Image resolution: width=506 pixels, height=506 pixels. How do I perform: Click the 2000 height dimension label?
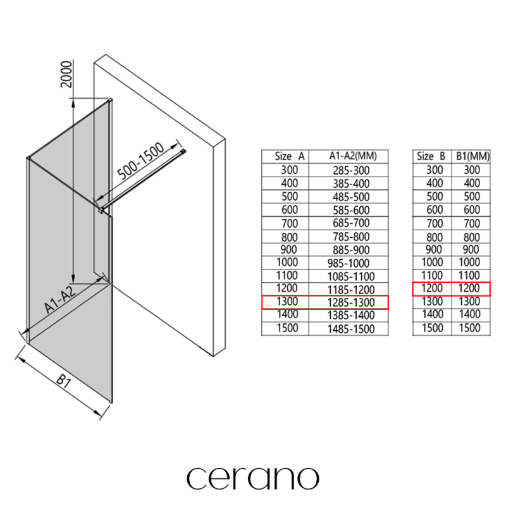tap(66, 74)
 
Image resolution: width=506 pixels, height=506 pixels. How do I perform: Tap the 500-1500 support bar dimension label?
tap(140, 161)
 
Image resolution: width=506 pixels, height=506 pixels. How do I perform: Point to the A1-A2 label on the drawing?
tap(60, 299)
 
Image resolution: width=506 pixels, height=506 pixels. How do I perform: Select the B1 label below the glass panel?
tap(63, 381)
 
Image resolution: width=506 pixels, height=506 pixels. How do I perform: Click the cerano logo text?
tap(253, 478)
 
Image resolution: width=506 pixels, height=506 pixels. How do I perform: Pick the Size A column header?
tap(290, 156)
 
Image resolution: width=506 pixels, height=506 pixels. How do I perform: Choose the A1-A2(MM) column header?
tap(353, 156)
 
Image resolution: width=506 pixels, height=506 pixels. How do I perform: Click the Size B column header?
tap(431, 156)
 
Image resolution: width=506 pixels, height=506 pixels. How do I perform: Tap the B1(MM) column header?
tap(472, 156)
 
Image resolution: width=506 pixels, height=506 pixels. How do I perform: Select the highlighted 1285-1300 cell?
tap(351, 302)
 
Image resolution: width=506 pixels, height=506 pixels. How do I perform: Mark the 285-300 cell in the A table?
tap(351, 170)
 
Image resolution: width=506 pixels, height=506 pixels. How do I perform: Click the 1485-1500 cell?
tap(351, 329)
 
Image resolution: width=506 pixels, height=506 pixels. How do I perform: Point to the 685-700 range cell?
tap(351, 223)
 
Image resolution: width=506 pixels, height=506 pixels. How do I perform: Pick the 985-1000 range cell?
tap(349, 263)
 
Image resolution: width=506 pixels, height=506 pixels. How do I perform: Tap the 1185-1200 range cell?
tap(351, 290)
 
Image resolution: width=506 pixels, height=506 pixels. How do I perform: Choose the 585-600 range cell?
tap(351, 210)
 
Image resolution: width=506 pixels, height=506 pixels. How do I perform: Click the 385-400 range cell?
tap(351, 183)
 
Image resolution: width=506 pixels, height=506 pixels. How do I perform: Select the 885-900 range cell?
tap(351, 250)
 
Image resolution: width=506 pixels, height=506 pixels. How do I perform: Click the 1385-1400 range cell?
tap(351, 315)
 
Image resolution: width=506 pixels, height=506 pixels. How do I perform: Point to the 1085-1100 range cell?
tap(351, 276)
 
